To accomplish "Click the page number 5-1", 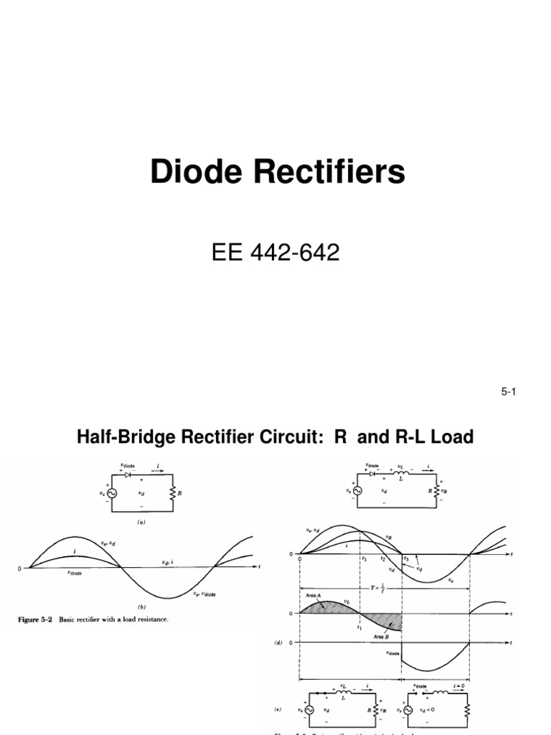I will pyautogui.click(x=509, y=391).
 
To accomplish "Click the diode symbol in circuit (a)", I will pyautogui.click(x=128, y=474).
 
